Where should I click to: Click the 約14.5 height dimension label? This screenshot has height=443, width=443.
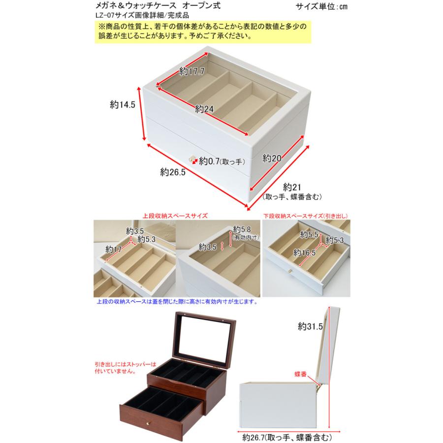click(x=123, y=104)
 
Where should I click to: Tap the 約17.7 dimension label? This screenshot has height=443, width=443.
click(x=191, y=71)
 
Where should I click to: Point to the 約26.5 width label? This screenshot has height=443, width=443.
click(x=172, y=172)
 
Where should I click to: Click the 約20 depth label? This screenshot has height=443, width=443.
click(x=271, y=158)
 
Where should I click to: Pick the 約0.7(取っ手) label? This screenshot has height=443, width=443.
click(x=220, y=160)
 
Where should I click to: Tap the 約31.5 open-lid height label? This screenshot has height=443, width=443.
click(x=310, y=326)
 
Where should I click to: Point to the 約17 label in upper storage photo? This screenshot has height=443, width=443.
click(x=113, y=250)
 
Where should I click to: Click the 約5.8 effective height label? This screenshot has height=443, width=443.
click(x=243, y=229)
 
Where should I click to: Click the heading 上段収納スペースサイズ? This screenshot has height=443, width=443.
click(x=175, y=216)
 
